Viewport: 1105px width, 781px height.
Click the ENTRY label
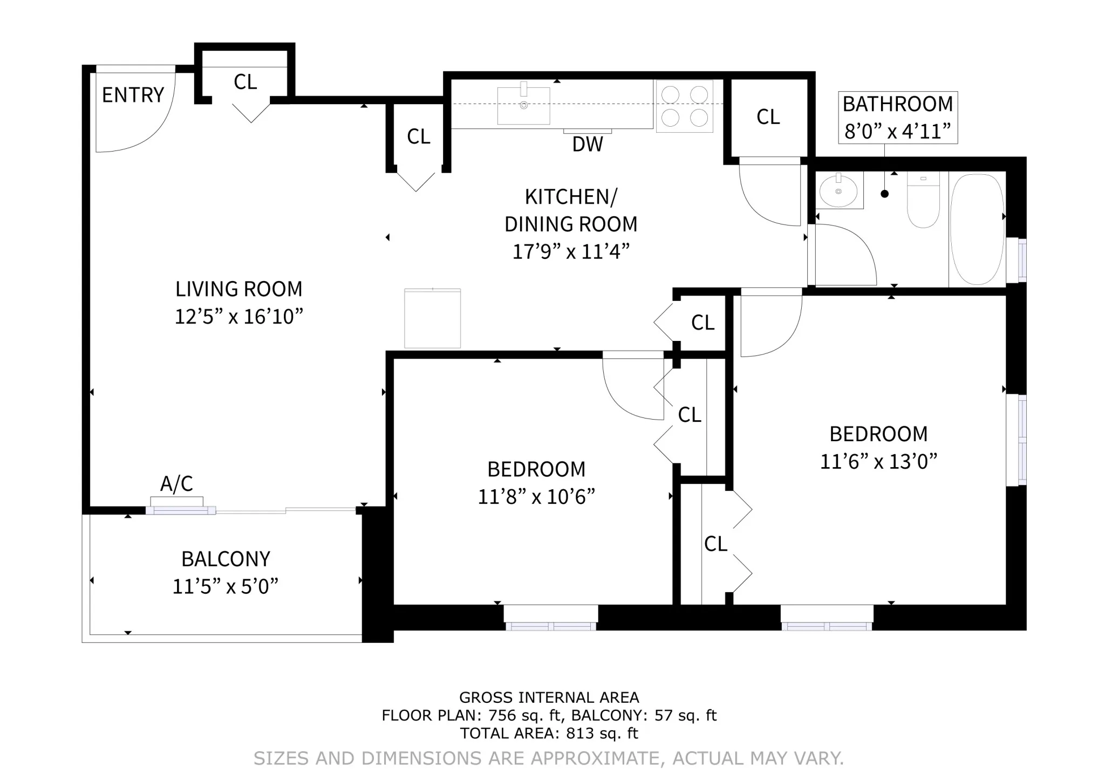pyautogui.click(x=133, y=95)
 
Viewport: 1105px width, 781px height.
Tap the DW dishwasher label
pyautogui.click(x=587, y=144)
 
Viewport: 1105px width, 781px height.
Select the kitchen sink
pyautogui.click(x=523, y=106)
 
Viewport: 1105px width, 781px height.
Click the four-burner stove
pyautogui.click(x=684, y=106)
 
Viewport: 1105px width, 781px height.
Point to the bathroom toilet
pyautogui.click(x=923, y=200)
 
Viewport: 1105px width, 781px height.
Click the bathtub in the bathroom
pyautogui.click(x=977, y=229)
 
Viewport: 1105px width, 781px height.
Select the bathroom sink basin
pyautogui.click(x=838, y=190)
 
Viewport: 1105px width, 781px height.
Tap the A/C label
pyautogui.click(x=176, y=484)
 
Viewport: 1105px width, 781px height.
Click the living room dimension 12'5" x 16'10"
pyautogui.click(x=238, y=317)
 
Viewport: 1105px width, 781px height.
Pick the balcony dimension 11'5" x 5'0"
pyautogui.click(x=225, y=586)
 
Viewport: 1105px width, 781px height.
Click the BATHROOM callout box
pyautogui.click(x=897, y=117)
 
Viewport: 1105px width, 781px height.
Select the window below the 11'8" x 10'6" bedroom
pyautogui.click(x=550, y=626)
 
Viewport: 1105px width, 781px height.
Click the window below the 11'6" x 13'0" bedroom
pyautogui.click(x=827, y=626)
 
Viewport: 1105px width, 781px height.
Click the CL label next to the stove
pyautogui.click(x=768, y=117)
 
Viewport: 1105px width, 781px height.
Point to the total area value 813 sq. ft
pyautogui.click(x=602, y=734)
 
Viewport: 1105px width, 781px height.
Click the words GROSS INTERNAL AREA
pyautogui.click(x=549, y=697)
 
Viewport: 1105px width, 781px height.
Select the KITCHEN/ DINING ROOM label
pyautogui.click(x=571, y=210)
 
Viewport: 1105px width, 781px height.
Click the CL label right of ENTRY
pyautogui.click(x=245, y=82)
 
